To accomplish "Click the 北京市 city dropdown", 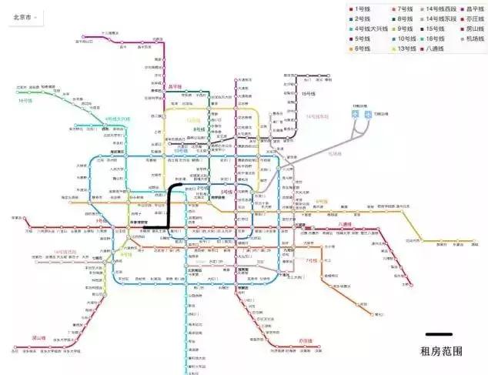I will click(x=23, y=15).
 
